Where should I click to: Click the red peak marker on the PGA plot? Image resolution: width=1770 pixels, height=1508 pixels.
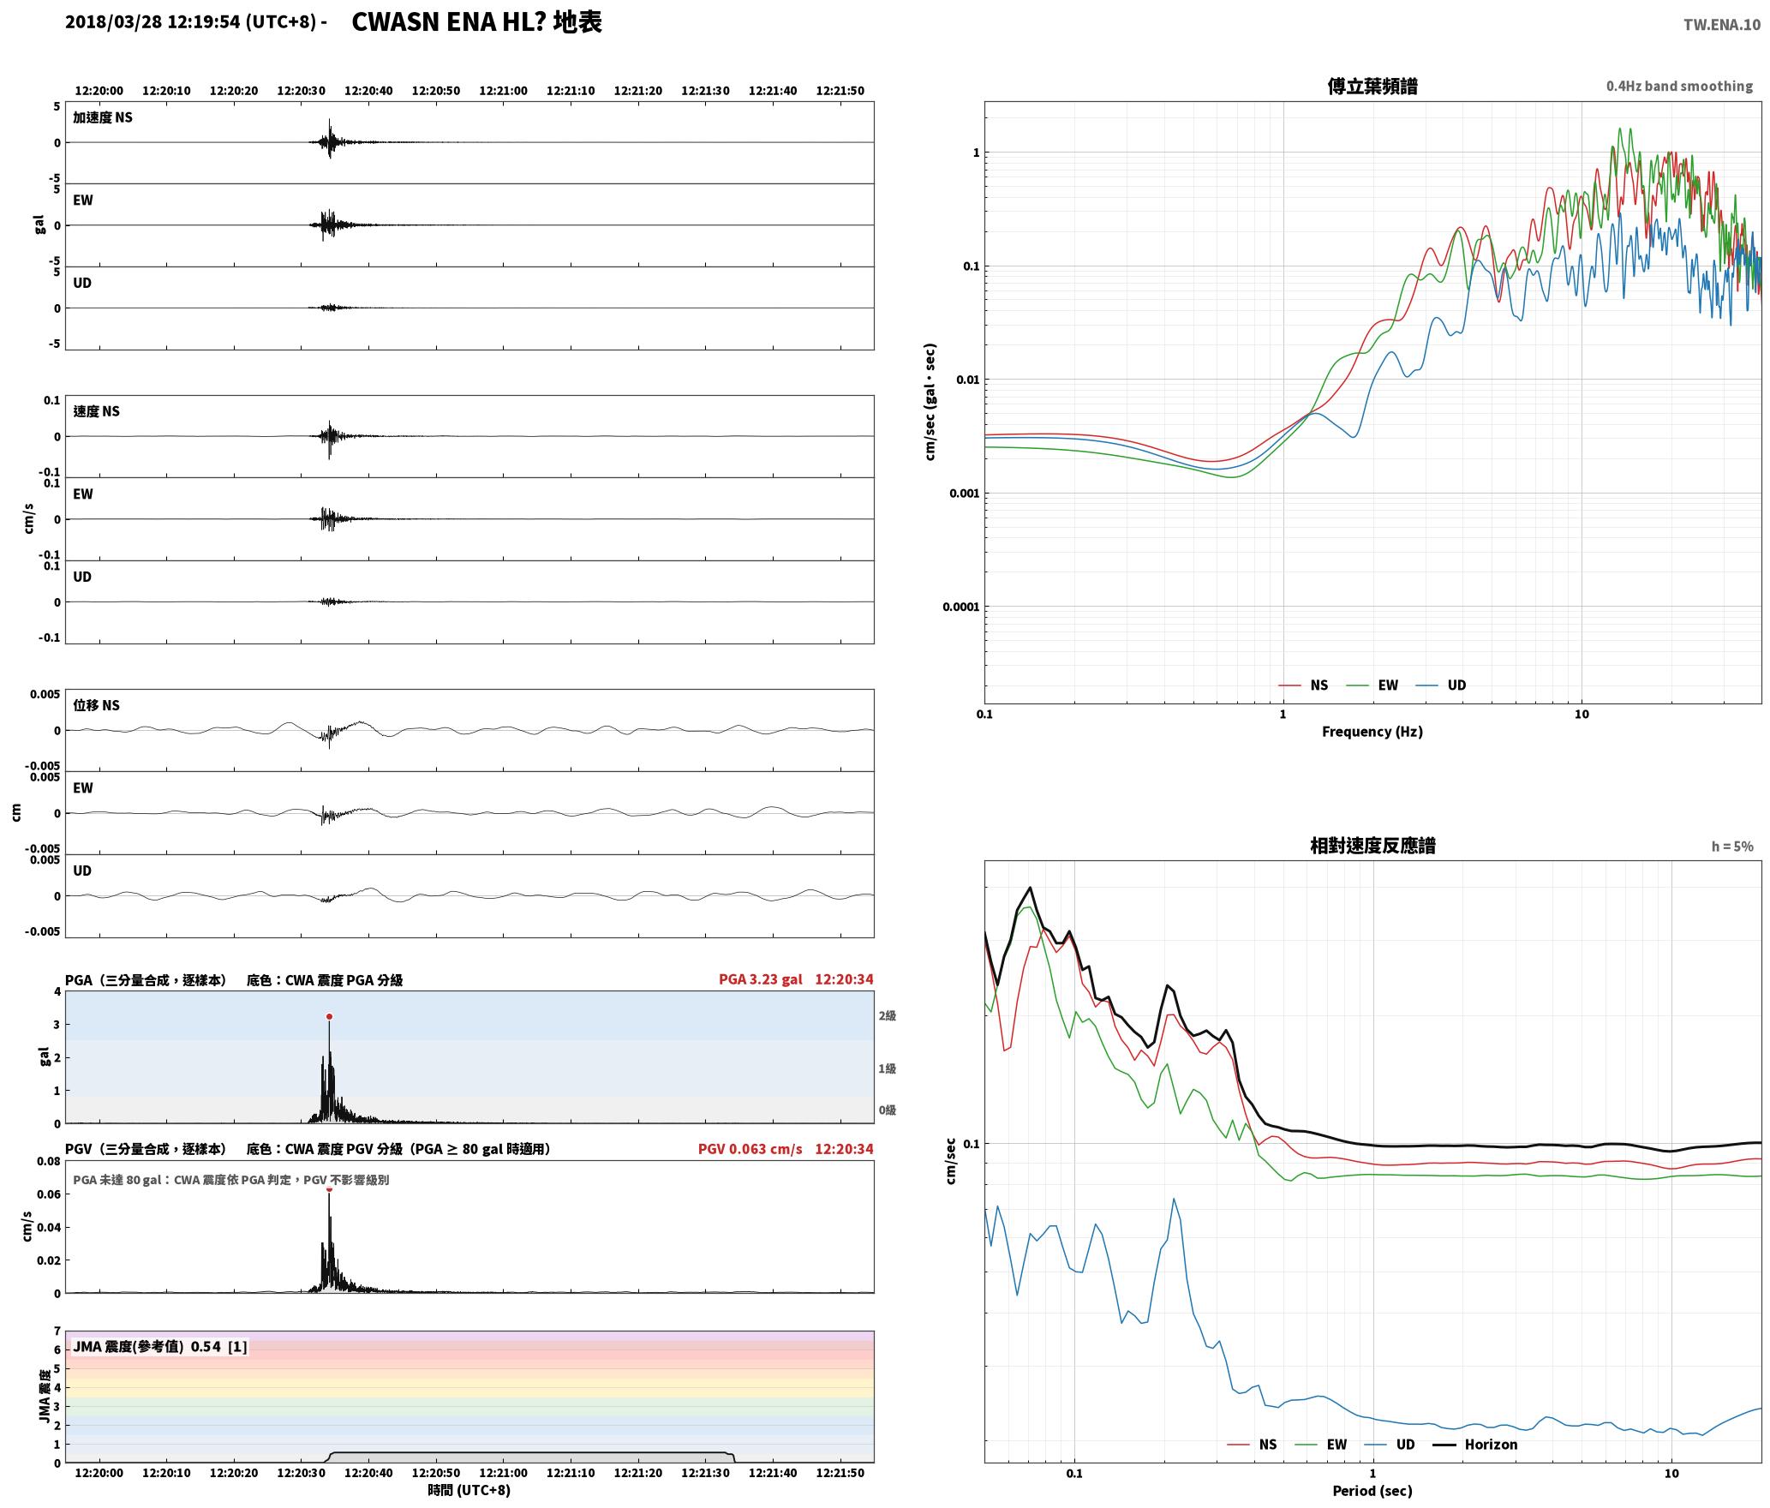click(329, 1017)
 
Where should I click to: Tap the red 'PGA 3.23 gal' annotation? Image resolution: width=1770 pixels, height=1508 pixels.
click(761, 979)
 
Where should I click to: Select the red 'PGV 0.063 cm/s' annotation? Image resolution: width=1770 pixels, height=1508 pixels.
click(750, 1149)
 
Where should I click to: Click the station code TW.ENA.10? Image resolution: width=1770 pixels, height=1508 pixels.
click(1722, 25)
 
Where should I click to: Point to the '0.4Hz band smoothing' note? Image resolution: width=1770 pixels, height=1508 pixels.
click(1679, 87)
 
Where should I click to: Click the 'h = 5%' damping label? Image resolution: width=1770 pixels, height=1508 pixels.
click(1732, 847)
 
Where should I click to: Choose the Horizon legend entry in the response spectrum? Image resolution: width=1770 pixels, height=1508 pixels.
click(1475, 1445)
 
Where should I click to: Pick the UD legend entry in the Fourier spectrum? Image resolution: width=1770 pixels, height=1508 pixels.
click(1441, 685)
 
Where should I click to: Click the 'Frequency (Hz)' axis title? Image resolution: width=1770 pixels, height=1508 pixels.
click(1372, 732)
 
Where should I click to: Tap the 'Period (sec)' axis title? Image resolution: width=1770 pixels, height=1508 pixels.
click(1372, 1491)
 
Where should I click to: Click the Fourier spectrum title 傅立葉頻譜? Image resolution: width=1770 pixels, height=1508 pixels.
click(1372, 87)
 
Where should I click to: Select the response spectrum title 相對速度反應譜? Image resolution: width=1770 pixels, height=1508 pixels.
click(1372, 846)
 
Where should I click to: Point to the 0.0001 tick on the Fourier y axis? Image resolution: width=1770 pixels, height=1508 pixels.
click(960, 607)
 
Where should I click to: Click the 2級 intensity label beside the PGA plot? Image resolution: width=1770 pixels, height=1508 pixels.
click(887, 1016)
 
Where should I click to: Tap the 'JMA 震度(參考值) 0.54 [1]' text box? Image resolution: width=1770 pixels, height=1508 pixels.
click(160, 1346)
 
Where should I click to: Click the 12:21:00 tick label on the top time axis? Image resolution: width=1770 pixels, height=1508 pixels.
click(503, 91)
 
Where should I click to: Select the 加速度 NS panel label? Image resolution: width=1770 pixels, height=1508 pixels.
click(103, 118)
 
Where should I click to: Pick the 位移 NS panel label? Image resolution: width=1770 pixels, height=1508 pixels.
click(97, 706)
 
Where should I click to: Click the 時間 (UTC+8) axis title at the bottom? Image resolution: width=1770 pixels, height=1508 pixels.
click(469, 1490)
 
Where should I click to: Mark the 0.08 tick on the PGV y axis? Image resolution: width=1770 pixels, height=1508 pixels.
click(49, 1162)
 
